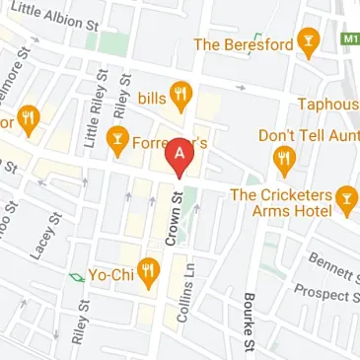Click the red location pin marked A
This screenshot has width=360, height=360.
click(180, 156)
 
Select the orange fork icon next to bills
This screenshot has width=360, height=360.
click(180, 96)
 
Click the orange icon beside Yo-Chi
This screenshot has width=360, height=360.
click(149, 269)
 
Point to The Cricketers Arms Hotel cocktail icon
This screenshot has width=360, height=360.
click(346, 200)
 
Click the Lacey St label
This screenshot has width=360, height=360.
click(42, 243)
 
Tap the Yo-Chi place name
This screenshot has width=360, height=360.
click(110, 269)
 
